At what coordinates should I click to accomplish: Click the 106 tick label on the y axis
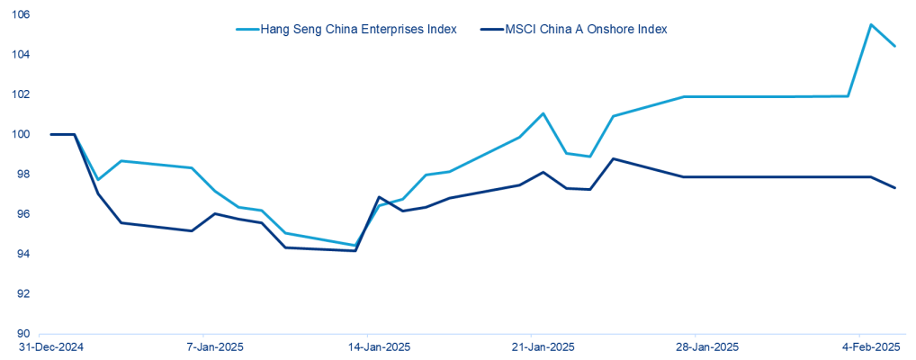point(19,15)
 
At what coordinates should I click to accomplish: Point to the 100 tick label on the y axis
point(19,134)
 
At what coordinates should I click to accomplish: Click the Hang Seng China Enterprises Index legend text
point(358,29)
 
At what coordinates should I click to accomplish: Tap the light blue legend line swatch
point(247,29)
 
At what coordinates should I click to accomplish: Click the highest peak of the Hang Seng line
point(870,24)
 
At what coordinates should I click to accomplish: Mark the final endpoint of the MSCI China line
point(894,187)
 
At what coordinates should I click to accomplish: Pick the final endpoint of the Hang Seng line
point(894,46)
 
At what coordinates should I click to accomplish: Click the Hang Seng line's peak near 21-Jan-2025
point(543,113)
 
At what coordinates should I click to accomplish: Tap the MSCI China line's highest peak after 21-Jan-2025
point(613,158)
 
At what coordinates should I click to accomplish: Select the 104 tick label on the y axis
point(19,55)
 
